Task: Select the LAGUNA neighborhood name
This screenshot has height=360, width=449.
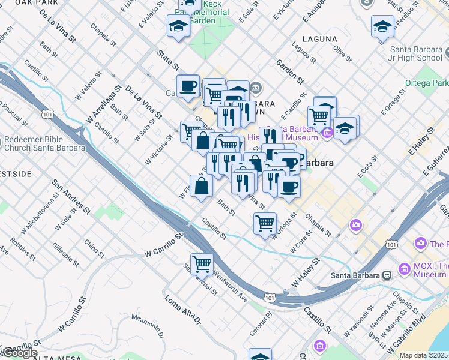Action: point(320,39)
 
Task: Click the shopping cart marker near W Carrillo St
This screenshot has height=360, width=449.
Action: point(202,264)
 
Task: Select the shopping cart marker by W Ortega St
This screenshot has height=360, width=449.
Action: point(265,223)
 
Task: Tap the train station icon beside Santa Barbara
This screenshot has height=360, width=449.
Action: point(387,275)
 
